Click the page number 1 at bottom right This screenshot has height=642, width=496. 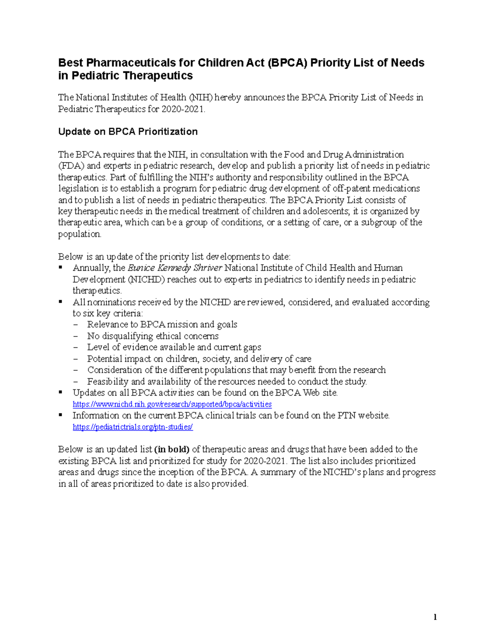coord(435,618)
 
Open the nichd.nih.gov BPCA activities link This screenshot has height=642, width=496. coord(172,404)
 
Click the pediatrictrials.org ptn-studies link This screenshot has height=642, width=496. coord(133,427)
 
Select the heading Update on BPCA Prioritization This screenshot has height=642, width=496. coord(128,131)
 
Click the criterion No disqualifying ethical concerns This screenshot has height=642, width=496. coord(153,336)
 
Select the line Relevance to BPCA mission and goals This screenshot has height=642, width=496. coord(162,325)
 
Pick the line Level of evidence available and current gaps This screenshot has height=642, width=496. coord(174,347)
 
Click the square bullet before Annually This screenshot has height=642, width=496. coord(61,267)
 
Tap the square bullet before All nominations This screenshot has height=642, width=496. coord(61,302)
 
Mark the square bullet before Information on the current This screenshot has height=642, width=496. coord(61,415)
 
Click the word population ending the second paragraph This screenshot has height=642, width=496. coord(79,234)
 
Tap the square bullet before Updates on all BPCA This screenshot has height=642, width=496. coord(61,392)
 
